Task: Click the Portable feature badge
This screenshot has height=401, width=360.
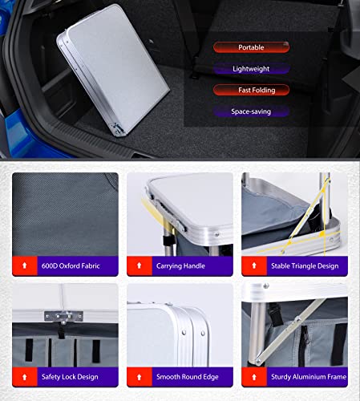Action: (x=251, y=47)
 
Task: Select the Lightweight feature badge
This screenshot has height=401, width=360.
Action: (x=251, y=69)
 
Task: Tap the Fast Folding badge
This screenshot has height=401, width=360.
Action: (x=251, y=90)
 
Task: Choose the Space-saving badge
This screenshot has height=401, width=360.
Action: (x=251, y=111)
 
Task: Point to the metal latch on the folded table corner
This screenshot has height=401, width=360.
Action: (x=117, y=128)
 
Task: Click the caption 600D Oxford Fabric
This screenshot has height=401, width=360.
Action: (x=71, y=265)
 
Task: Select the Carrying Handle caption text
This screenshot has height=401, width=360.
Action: (x=180, y=266)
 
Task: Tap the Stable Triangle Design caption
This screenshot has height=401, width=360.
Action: (x=305, y=266)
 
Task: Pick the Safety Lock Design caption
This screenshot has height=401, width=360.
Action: (x=70, y=377)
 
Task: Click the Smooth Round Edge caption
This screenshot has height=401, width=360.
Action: (x=188, y=377)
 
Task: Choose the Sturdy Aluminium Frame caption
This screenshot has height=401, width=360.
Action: (x=309, y=377)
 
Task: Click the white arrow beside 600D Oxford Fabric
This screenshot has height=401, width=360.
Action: (x=25, y=265)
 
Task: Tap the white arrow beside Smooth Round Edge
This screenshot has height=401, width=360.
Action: (x=139, y=377)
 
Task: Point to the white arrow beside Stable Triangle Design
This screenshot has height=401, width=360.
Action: (x=254, y=265)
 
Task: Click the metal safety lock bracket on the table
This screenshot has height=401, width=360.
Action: (x=63, y=317)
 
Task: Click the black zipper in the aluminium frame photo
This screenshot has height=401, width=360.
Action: (x=304, y=345)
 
